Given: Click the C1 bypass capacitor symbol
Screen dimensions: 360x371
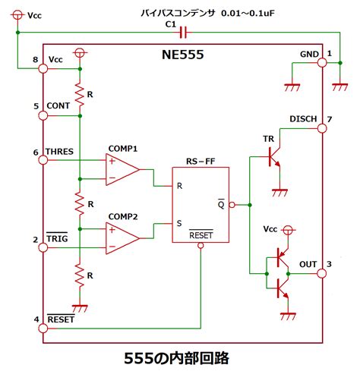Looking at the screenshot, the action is [184, 33].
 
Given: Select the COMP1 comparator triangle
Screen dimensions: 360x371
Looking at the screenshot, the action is [122, 169].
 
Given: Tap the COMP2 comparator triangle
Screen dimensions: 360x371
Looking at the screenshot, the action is [122, 238].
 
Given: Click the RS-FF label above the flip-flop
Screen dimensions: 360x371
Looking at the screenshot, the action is [201, 161].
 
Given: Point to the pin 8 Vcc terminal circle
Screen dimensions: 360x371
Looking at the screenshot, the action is [43, 68].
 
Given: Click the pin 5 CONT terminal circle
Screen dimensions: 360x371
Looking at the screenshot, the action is [43, 115].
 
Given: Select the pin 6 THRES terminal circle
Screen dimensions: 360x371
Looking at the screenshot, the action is [43, 160].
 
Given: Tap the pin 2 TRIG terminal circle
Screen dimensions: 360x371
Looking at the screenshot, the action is [43, 247].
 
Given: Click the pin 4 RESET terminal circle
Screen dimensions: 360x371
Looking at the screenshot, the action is [43, 329].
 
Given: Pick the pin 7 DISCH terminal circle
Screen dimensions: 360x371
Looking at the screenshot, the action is [322, 128].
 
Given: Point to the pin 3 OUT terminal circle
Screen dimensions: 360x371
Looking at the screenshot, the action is [322, 273].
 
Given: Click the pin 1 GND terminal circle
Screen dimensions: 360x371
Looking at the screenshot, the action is [322, 62].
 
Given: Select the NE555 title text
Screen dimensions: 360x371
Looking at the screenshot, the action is [182, 55].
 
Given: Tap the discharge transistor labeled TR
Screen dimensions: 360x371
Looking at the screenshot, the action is [275, 157].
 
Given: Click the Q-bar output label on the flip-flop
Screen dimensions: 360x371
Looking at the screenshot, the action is [221, 204].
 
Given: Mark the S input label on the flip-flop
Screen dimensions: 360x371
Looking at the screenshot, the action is [179, 223].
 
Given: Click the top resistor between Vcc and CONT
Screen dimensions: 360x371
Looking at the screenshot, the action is [80, 94].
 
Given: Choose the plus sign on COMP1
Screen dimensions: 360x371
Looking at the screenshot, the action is [112, 161].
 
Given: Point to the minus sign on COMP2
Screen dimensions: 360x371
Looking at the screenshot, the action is [112, 247].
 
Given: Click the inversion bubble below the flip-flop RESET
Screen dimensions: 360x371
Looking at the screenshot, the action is [201, 245].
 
